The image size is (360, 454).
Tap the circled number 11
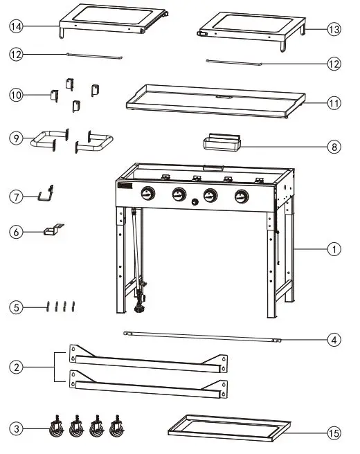click(334, 103)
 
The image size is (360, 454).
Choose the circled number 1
click(334, 248)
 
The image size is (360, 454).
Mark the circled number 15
click(334, 434)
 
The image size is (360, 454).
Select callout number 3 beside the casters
click(16, 430)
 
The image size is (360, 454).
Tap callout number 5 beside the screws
click(16, 305)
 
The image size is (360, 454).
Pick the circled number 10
click(16, 95)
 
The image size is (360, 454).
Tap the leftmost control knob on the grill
click(147, 194)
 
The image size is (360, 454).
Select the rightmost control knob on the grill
click(241, 195)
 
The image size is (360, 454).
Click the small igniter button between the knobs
click(195, 203)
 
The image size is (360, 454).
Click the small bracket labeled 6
click(53, 230)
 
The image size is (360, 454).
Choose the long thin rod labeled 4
click(201, 336)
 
